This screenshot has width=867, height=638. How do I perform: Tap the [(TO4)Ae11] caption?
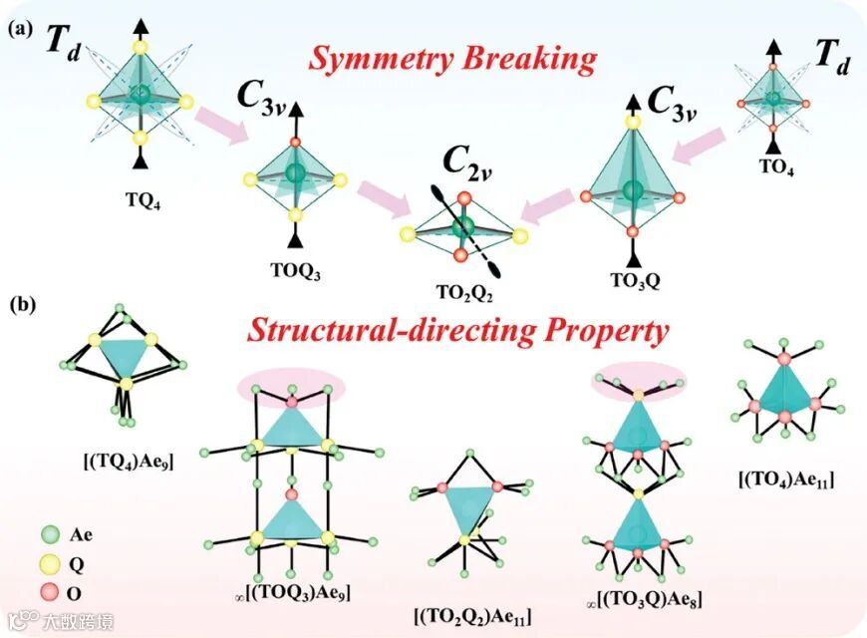pos(786,482)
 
